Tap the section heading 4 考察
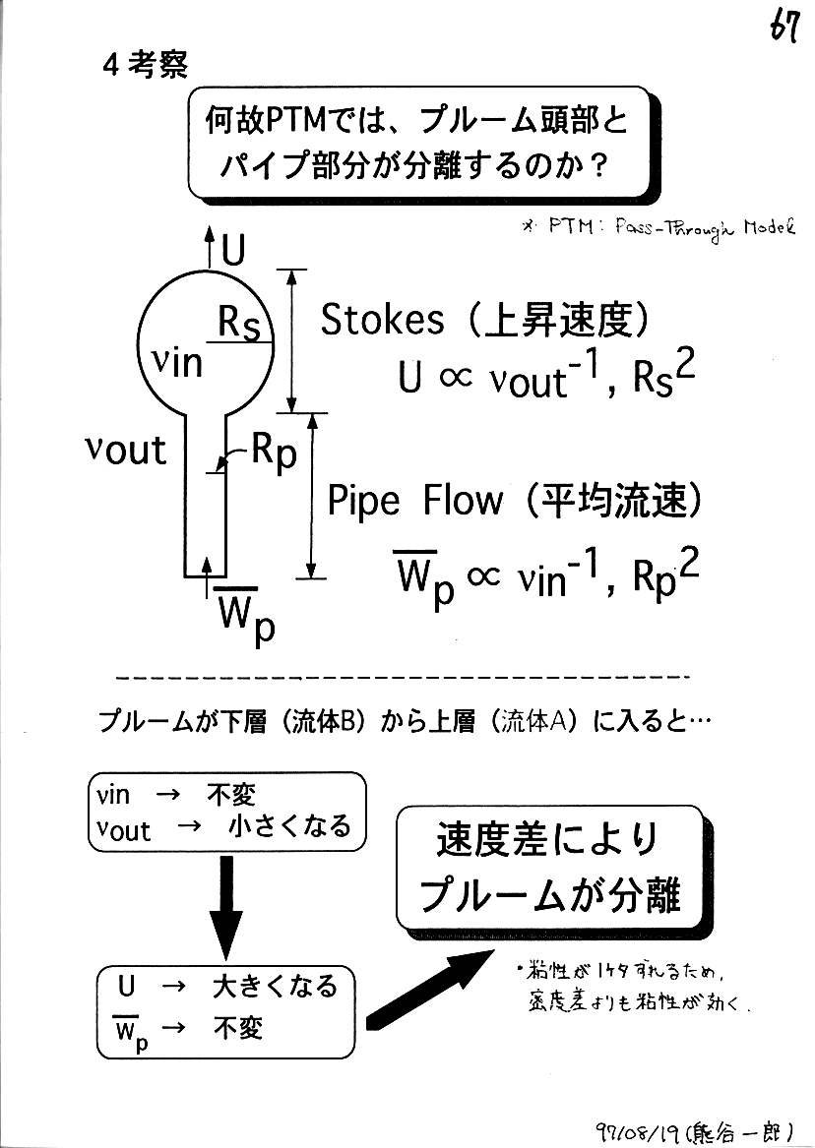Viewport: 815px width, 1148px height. point(145,66)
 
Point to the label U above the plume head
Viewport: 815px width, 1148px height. point(232,251)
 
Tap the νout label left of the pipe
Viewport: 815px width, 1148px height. point(126,450)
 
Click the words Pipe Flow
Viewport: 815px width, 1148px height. point(413,502)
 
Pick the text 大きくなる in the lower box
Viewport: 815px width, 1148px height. point(275,986)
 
